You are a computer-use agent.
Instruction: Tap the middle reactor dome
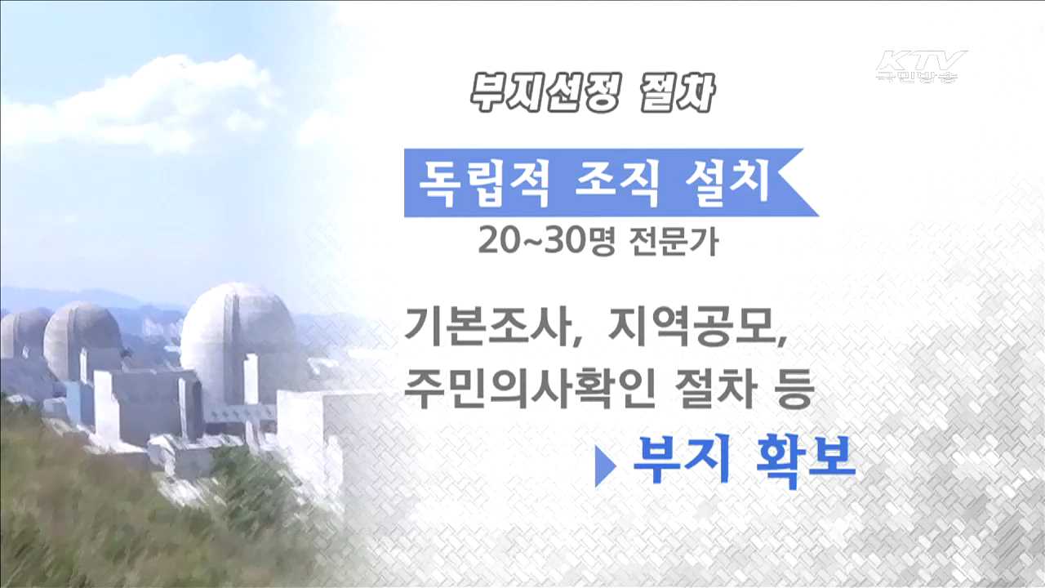[x=82, y=335]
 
